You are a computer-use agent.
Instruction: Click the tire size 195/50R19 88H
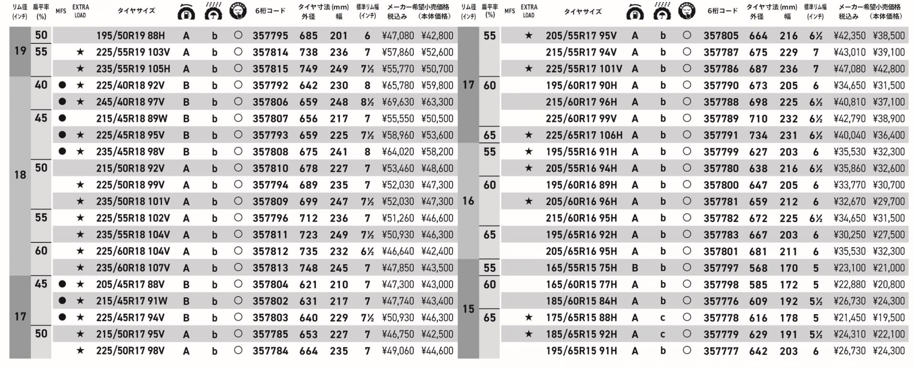tap(130, 36)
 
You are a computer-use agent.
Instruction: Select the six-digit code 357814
tap(270, 52)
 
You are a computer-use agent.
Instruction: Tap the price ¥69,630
tap(397, 102)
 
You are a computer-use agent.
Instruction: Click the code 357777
tap(721, 351)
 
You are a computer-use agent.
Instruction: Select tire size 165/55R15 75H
tap(581, 268)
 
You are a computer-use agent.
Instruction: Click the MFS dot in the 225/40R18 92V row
tap(62, 85)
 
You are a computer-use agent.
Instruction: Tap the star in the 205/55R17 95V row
tap(528, 36)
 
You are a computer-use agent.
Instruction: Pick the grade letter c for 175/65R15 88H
tap(662, 318)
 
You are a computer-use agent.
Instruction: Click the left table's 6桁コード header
tap(270, 11)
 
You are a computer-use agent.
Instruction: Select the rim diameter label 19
tap(20, 51)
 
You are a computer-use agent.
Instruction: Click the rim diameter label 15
tap(468, 308)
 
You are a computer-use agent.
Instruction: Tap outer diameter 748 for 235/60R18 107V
tap(308, 268)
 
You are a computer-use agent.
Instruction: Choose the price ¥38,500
tap(888, 36)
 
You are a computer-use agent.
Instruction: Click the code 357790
tap(721, 86)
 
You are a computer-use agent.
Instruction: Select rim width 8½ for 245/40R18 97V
tap(367, 102)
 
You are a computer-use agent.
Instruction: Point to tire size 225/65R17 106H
tap(584, 135)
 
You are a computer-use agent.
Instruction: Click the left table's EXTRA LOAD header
tap(80, 11)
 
